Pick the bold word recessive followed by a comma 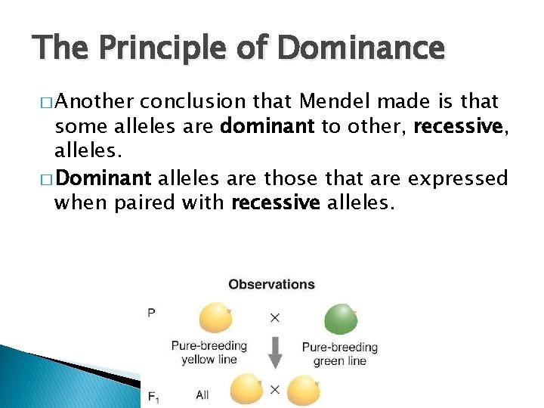(459, 125)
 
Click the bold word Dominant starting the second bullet (104, 178)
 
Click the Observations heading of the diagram (271, 285)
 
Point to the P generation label (152, 312)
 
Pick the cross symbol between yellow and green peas (274, 317)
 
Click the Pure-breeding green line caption (339, 354)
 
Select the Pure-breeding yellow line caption (209, 353)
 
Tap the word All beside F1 (202, 395)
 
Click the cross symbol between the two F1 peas (275, 390)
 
